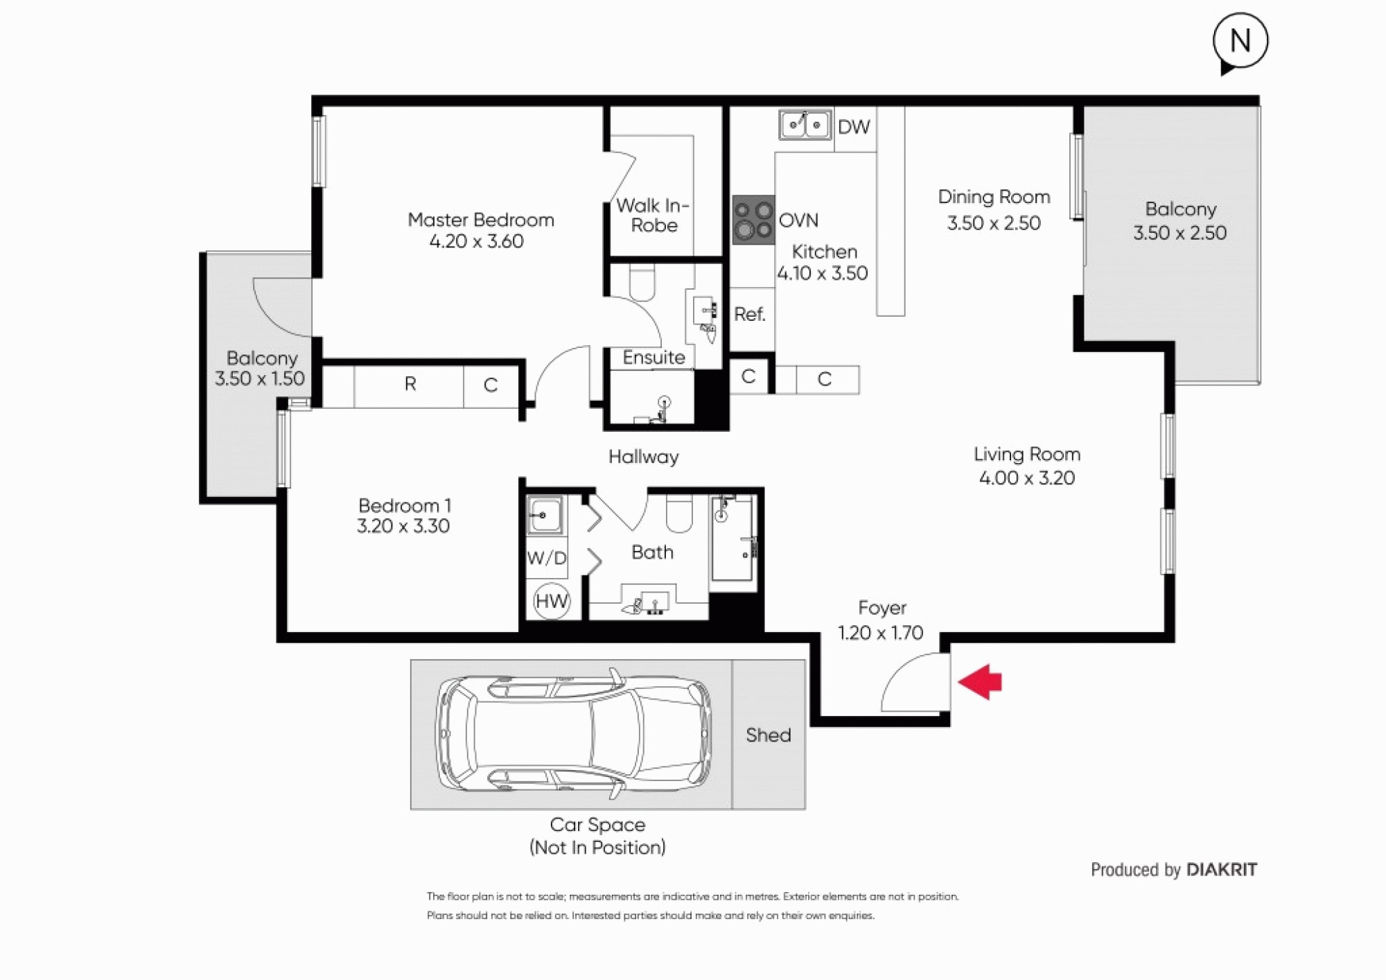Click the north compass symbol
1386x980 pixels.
click(1240, 42)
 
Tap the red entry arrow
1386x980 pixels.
click(980, 682)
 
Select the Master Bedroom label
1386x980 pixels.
click(481, 220)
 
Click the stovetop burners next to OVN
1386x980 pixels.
click(753, 220)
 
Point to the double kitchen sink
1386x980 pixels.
click(805, 125)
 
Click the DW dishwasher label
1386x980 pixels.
click(854, 127)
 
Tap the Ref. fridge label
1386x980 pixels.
click(750, 314)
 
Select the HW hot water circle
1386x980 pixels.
click(552, 601)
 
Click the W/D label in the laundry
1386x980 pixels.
click(547, 558)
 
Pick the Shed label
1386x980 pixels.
click(769, 735)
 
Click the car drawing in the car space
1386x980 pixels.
click(574, 734)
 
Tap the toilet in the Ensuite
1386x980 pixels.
click(642, 284)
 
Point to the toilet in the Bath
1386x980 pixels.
click(679, 514)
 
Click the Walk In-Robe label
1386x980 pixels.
click(653, 215)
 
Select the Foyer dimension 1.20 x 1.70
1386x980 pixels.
click(881, 633)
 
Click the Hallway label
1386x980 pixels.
click(644, 457)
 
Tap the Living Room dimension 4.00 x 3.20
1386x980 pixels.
click(1027, 478)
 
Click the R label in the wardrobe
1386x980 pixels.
click(410, 383)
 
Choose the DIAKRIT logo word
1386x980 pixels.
click(1222, 869)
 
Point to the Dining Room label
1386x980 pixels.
click(994, 197)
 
